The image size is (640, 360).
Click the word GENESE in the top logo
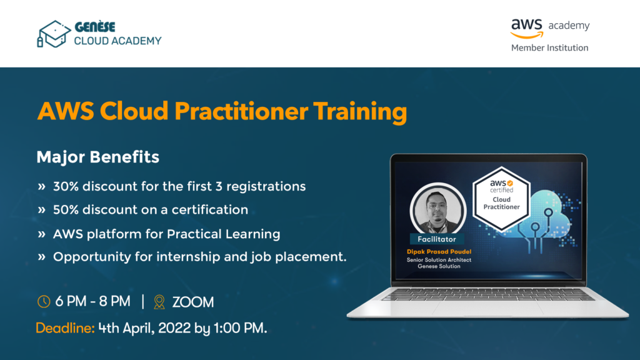click(95, 27)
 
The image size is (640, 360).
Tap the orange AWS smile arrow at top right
click(527, 36)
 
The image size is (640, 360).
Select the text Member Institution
click(549, 47)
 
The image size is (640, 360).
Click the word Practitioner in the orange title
click(241, 111)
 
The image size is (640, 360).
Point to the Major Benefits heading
click(98, 157)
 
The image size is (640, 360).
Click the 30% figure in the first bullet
click(66, 186)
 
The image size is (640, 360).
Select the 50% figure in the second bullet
click(66, 209)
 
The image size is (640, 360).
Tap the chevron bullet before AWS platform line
click(41, 234)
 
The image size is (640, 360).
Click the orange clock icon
click(44, 302)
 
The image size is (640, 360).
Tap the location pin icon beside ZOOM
click(159, 302)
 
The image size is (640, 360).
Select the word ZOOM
click(193, 302)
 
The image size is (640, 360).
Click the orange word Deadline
click(65, 327)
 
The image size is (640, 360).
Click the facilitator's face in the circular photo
click(437, 206)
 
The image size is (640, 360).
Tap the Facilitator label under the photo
click(437, 239)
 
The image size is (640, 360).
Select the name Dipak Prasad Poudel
click(439, 252)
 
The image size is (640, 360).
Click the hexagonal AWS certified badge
click(501, 198)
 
